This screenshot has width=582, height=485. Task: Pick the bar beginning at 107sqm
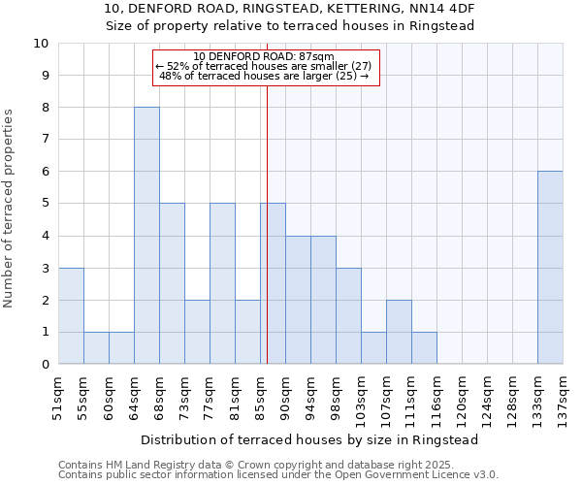[399, 332]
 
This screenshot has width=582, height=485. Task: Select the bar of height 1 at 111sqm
[424, 348]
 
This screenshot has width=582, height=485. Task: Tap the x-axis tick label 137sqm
[563, 396]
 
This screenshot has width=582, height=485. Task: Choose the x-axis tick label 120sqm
[462, 396]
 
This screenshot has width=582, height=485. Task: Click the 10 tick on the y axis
[42, 44]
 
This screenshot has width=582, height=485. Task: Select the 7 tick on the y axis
[45, 140]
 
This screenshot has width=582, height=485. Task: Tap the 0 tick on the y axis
[45, 365]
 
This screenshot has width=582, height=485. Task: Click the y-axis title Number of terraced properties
[9, 209]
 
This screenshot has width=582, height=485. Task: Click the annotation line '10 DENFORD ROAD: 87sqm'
[264, 56]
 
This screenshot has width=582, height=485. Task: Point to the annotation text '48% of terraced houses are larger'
[264, 76]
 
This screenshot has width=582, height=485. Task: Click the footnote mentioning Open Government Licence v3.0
[278, 475]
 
